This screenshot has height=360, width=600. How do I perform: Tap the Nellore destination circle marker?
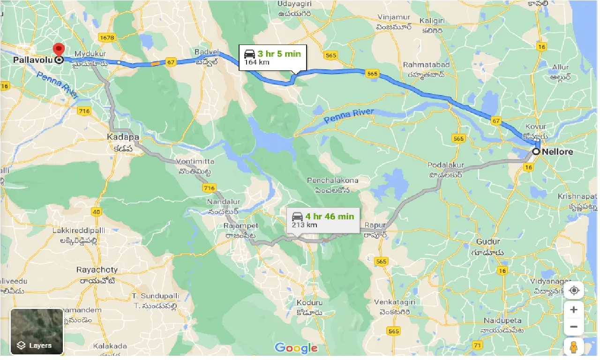(536, 151)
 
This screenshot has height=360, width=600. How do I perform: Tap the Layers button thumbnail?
(37, 331)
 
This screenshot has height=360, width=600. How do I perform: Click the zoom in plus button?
(574, 310)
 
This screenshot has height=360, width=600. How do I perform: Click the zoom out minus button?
(574, 327)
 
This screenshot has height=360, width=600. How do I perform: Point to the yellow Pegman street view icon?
(574, 347)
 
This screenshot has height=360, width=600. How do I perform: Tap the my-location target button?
(574, 291)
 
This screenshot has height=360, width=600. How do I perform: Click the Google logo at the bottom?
(296, 348)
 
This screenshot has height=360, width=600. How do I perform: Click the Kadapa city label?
(123, 137)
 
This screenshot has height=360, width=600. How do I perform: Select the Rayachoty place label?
(97, 270)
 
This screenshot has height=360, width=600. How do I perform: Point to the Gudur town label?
(488, 241)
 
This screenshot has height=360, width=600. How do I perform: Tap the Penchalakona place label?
(332, 180)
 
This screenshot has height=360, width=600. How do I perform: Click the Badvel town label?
(206, 52)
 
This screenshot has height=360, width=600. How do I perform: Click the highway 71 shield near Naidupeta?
(478, 345)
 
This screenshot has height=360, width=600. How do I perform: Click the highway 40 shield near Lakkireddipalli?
(96, 212)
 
